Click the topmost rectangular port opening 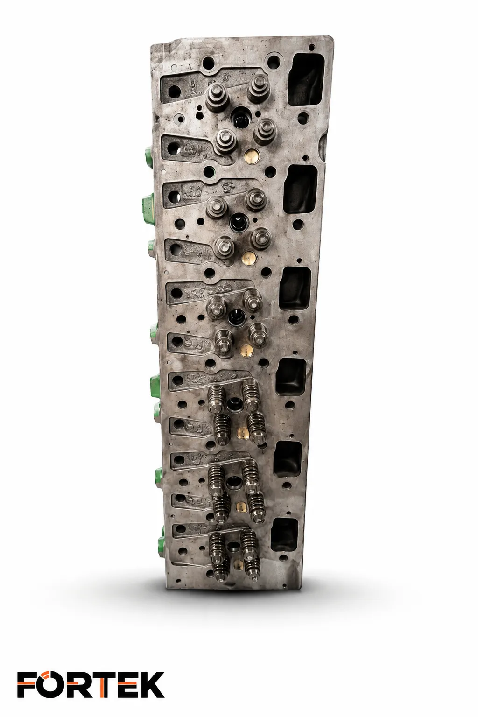click(x=306, y=79)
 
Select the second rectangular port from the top click(x=301, y=189)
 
